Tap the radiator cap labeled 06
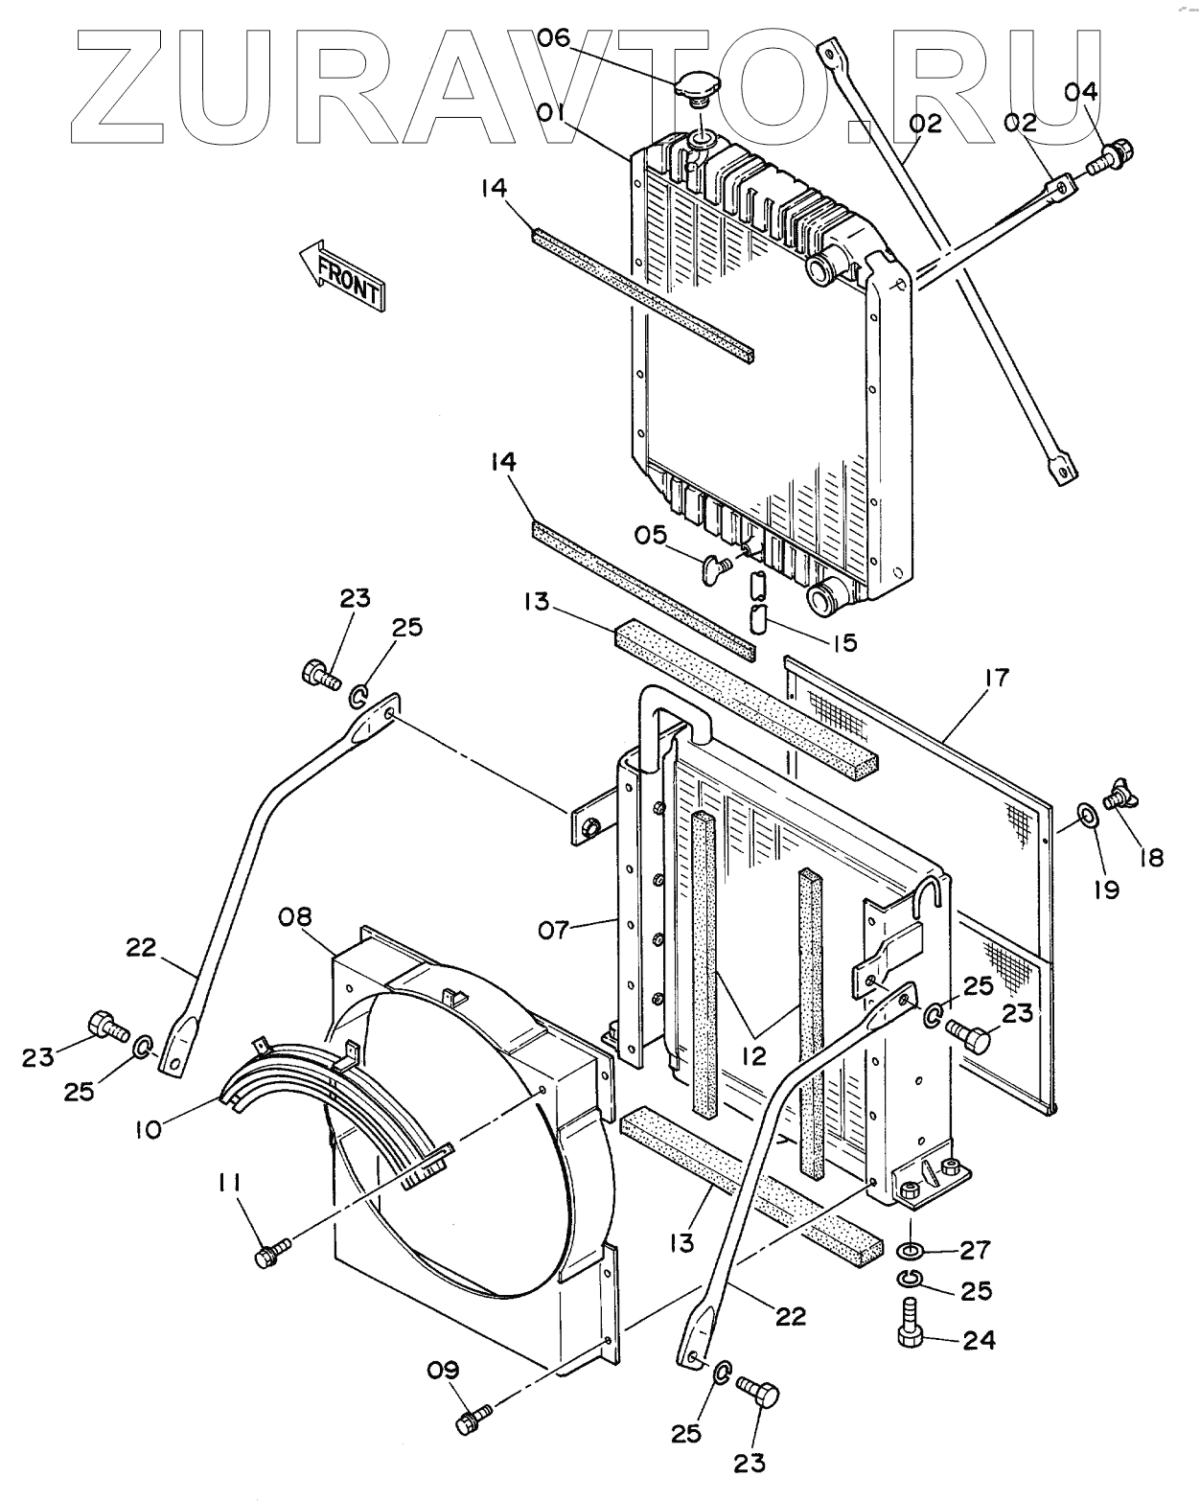coord(698,92)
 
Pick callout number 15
coord(844,642)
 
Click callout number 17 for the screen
coord(998,677)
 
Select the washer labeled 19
coord(1088,813)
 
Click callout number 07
coord(553,930)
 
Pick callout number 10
coord(149,1129)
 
